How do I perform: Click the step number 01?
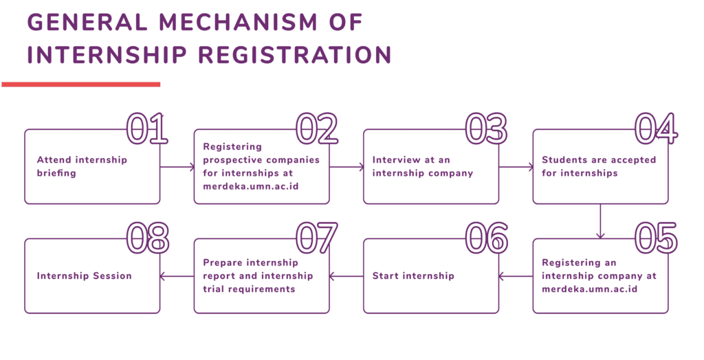point(147,128)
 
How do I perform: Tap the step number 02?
point(317,128)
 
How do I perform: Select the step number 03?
point(486,128)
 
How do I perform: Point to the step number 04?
point(655,128)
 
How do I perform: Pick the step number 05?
point(655,238)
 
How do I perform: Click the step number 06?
point(486,238)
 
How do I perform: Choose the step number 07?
point(317,238)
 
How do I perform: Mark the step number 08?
point(147,238)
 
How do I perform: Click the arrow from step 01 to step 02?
point(177,167)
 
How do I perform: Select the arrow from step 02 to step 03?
point(346,167)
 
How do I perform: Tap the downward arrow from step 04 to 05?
point(600,221)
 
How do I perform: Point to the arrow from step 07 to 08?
point(177,276)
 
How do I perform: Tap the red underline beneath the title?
point(81,85)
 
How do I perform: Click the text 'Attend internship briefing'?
point(82,166)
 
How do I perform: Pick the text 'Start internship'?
point(413,276)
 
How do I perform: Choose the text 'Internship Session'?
point(84,276)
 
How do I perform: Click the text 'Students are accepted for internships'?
point(599,166)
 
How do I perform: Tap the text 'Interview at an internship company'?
point(423,166)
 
